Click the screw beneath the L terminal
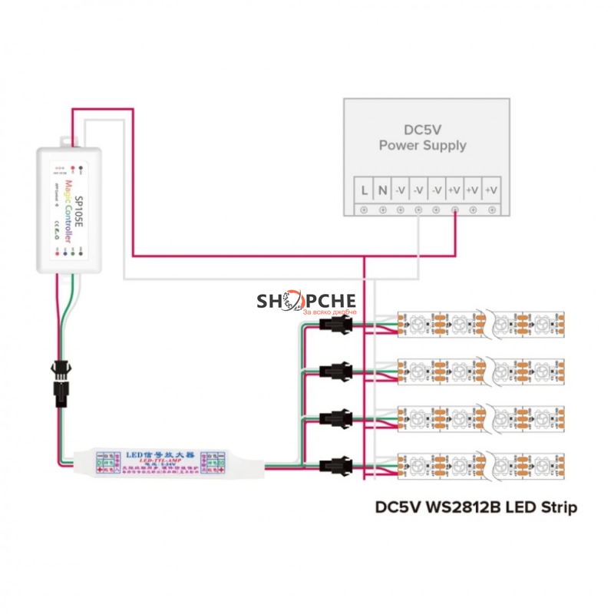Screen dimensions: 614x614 [363, 209]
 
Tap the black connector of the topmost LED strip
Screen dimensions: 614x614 [335, 326]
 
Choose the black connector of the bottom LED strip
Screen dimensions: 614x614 [335, 464]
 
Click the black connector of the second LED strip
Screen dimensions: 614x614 [335, 372]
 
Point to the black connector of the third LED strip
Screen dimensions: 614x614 [335, 418]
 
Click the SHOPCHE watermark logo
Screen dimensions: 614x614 [306, 302]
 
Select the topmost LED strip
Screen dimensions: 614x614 [481, 325]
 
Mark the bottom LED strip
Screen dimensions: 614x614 [481, 464]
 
